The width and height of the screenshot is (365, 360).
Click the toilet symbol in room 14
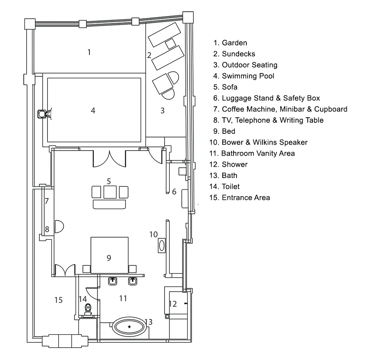88,310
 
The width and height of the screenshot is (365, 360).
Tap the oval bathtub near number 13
129,326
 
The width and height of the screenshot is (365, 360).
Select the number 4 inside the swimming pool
93,110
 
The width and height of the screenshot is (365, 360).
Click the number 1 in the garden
89,52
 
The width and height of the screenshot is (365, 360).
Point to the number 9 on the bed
109,258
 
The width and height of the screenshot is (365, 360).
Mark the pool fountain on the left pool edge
43,114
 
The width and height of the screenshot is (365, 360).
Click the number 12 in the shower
173,304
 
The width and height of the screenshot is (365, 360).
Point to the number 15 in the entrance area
58,300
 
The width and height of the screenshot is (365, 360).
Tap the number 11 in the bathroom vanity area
123,298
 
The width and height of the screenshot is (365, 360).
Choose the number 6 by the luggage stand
174,192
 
